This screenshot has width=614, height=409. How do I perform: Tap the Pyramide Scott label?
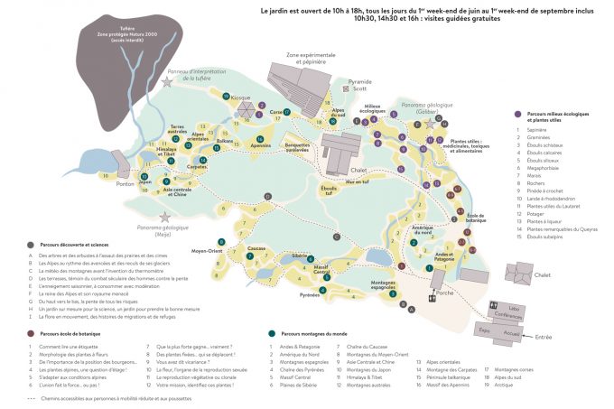361,86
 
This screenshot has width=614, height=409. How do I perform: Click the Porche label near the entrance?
445,291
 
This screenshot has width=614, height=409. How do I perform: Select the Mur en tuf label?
357,181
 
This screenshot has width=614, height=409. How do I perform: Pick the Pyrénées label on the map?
311,295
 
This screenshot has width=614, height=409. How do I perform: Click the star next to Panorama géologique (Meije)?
164,218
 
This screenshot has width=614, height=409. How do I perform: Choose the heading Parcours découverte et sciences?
73,245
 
